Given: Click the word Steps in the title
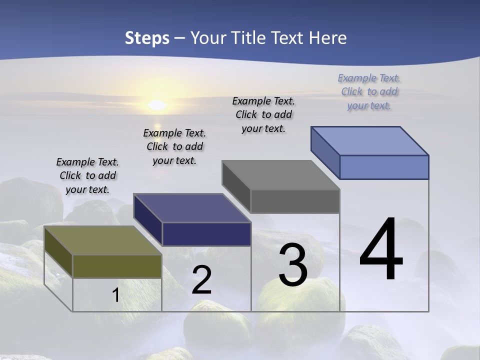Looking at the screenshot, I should click(x=147, y=38).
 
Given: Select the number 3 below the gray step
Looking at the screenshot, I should click(x=293, y=265).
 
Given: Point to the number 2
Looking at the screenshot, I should click(x=201, y=280).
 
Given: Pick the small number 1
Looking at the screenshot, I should click(x=116, y=295).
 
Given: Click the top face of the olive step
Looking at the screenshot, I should click(x=102, y=240).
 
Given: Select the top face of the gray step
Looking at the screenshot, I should click(x=280, y=175).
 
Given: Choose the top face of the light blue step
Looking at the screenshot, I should click(x=369, y=141).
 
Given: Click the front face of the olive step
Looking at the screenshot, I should click(x=117, y=266).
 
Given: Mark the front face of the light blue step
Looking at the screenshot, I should click(x=384, y=167).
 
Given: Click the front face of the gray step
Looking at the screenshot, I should click(x=295, y=201).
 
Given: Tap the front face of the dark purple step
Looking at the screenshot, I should click(x=206, y=234).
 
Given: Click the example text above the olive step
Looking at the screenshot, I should click(x=87, y=175).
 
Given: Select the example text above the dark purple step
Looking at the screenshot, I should click(x=174, y=146).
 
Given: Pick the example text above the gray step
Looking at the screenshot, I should click(x=263, y=114).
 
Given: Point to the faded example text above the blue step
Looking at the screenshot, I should click(x=369, y=91).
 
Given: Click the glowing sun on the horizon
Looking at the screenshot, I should click(x=157, y=105).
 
